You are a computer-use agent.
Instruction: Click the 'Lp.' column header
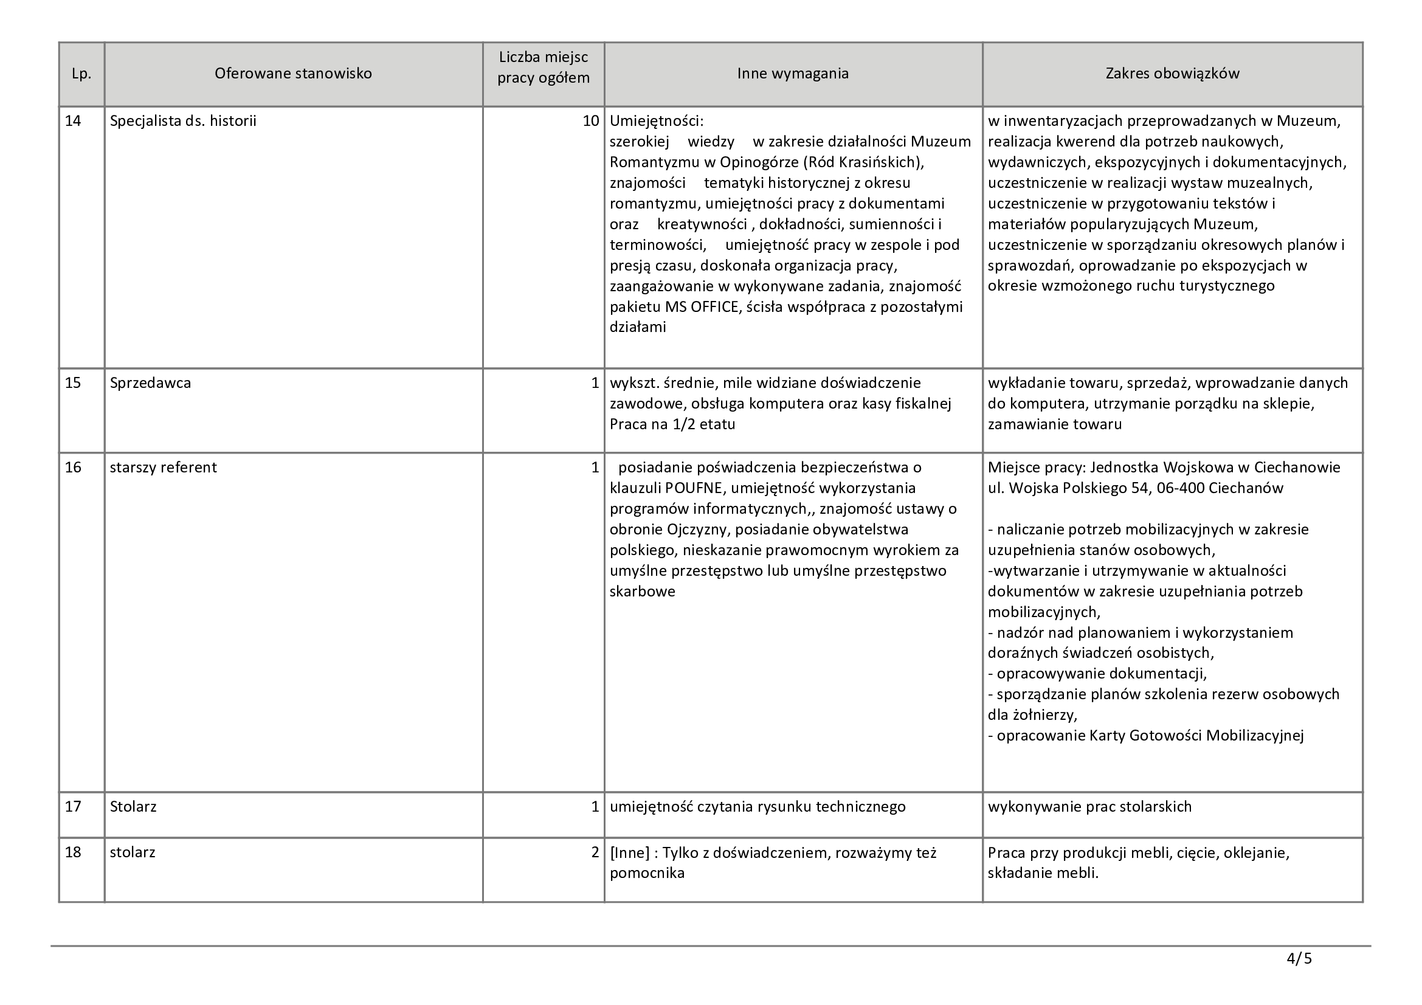(x=81, y=74)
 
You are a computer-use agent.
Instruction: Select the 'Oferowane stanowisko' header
(x=293, y=74)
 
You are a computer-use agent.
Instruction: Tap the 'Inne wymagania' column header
(x=792, y=74)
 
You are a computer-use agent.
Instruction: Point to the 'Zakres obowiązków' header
(x=1172, y=74)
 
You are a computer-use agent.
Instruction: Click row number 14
(x=73, y=121)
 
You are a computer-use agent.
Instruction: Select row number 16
(x=73, y=468)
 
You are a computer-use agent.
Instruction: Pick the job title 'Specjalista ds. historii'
(x=183, y=121)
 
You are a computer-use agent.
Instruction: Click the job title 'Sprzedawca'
(x=151, y=383)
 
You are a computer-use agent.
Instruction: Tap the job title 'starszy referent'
(x=163, y=468)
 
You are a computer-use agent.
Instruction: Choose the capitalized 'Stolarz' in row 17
(x=133, y=807)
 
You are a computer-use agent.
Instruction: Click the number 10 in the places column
(x=590, y=121)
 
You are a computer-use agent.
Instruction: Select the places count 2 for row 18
(x=595, y=852)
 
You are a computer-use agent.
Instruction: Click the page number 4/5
(x=1299, y=959)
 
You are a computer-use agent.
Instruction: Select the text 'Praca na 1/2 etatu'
(x=672, y=425)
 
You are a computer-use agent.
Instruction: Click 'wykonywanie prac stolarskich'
(x=1089, y=807)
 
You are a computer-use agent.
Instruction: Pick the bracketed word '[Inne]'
(x=629, y=852)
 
